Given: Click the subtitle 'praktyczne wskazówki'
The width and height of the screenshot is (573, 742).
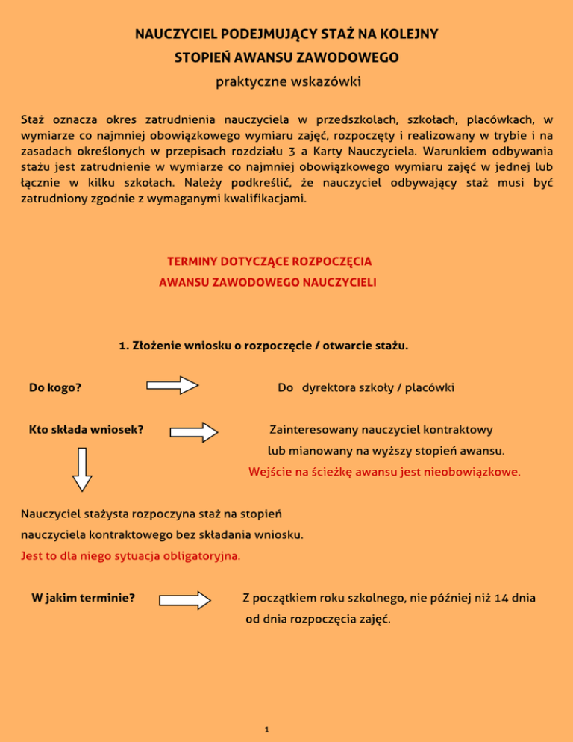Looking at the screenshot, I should (286, 81).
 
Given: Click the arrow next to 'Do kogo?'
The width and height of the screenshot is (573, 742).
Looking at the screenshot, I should (172, 387).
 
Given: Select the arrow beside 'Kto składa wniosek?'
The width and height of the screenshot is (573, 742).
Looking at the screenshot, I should (194, 431).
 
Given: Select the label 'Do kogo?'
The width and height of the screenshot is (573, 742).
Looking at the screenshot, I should (55, 387).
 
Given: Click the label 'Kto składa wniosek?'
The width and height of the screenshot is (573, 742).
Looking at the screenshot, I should (86, 430).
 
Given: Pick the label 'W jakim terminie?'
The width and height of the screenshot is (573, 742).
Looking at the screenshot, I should (83, 598).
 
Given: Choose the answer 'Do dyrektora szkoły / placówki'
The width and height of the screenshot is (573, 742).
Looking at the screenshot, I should (366, 387).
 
